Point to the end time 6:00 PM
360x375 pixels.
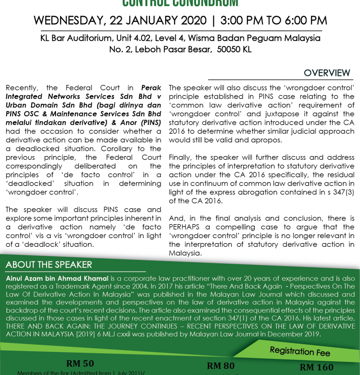click(302, 20)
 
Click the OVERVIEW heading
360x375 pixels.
click(327, 73)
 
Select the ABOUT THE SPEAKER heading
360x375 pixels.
click(49, 264)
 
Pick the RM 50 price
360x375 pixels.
click(80, 363)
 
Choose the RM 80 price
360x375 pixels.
click(221, 366)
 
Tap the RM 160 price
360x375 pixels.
click(317, 367)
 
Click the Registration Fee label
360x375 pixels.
click(300, 351)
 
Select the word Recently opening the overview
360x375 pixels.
click(22, 88)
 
